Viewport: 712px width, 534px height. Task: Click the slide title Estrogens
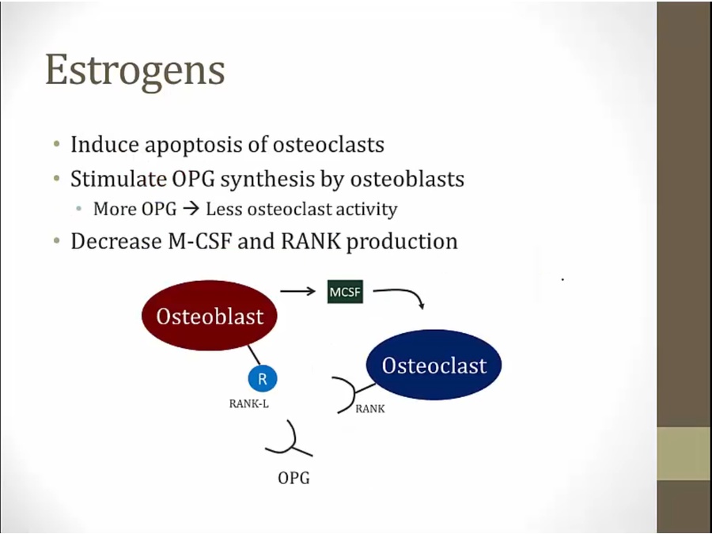coord(134,71)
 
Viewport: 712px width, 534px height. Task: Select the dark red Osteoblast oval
coord(210,316)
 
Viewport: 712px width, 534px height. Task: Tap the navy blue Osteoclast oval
coord(434,365)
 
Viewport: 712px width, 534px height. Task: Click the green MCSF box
coord(345,291)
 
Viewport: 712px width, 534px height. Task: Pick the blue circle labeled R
coord(263,378)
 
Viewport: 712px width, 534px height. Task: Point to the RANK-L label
coord(249,403)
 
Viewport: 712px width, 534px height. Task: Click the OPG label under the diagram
coord(294,478)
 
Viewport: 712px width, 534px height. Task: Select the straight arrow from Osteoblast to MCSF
coord(298,290)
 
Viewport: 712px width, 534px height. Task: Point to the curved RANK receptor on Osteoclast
coord(351,394)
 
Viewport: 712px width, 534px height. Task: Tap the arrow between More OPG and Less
coord(191,210)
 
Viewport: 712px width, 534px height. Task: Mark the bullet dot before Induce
coord(56,145)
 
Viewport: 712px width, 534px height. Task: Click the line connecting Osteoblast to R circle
coord(254,354)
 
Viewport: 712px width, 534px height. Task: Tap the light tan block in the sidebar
coord(684,453)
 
